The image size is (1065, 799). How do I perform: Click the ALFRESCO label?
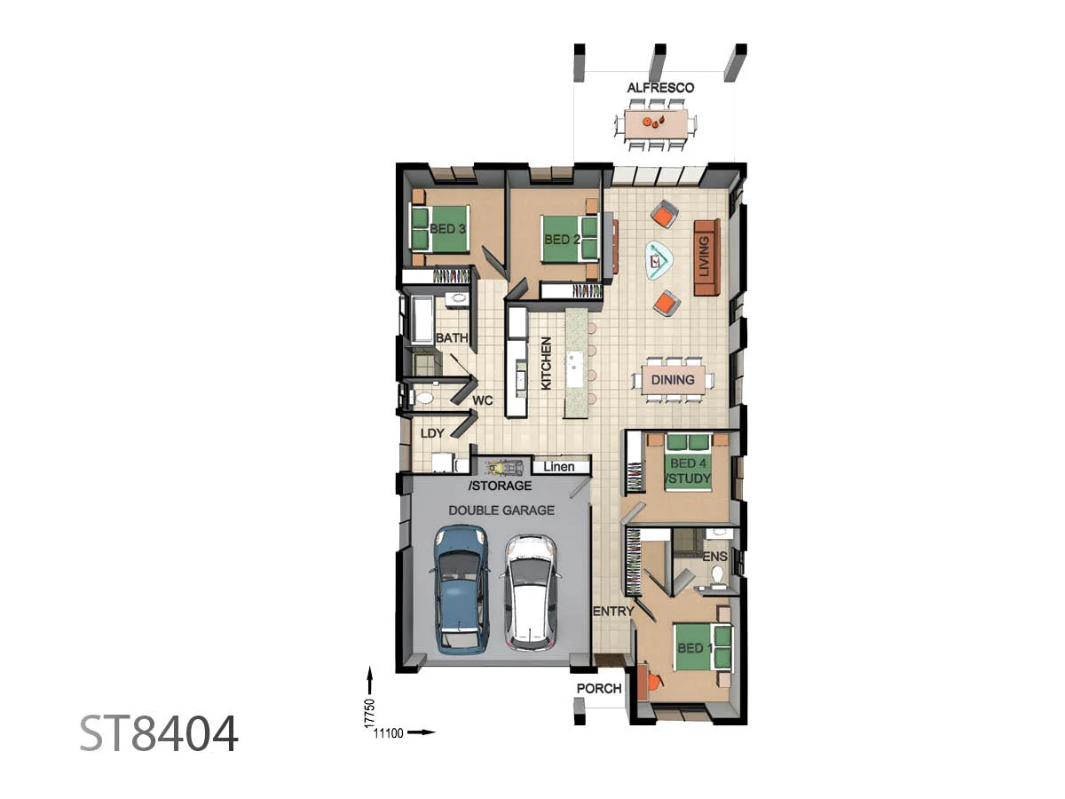tap(660, 88)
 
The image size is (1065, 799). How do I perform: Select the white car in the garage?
tap(531, 590)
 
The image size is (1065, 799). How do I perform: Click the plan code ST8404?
tap(159, 734)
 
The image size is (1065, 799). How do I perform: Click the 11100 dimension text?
tap(389, 732)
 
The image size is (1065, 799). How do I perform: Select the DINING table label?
tap(673, 380)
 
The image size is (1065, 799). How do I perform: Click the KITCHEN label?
tap(546, 362)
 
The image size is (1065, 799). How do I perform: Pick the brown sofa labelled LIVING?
tap(706, 258)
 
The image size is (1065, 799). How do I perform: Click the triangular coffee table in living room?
tap(659, 261)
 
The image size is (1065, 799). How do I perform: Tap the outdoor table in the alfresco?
tap(658, 124)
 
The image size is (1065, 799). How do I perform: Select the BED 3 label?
tap(447, 228)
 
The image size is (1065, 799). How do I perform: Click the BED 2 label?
tap(562, 240)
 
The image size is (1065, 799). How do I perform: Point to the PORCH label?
tap(599, 689)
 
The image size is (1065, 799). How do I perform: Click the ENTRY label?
tap(613, 611)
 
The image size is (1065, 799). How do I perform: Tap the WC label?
tap(482, 400)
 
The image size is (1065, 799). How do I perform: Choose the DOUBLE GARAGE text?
tap(501, 510)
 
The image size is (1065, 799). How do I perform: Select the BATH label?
tap(452, 338)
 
